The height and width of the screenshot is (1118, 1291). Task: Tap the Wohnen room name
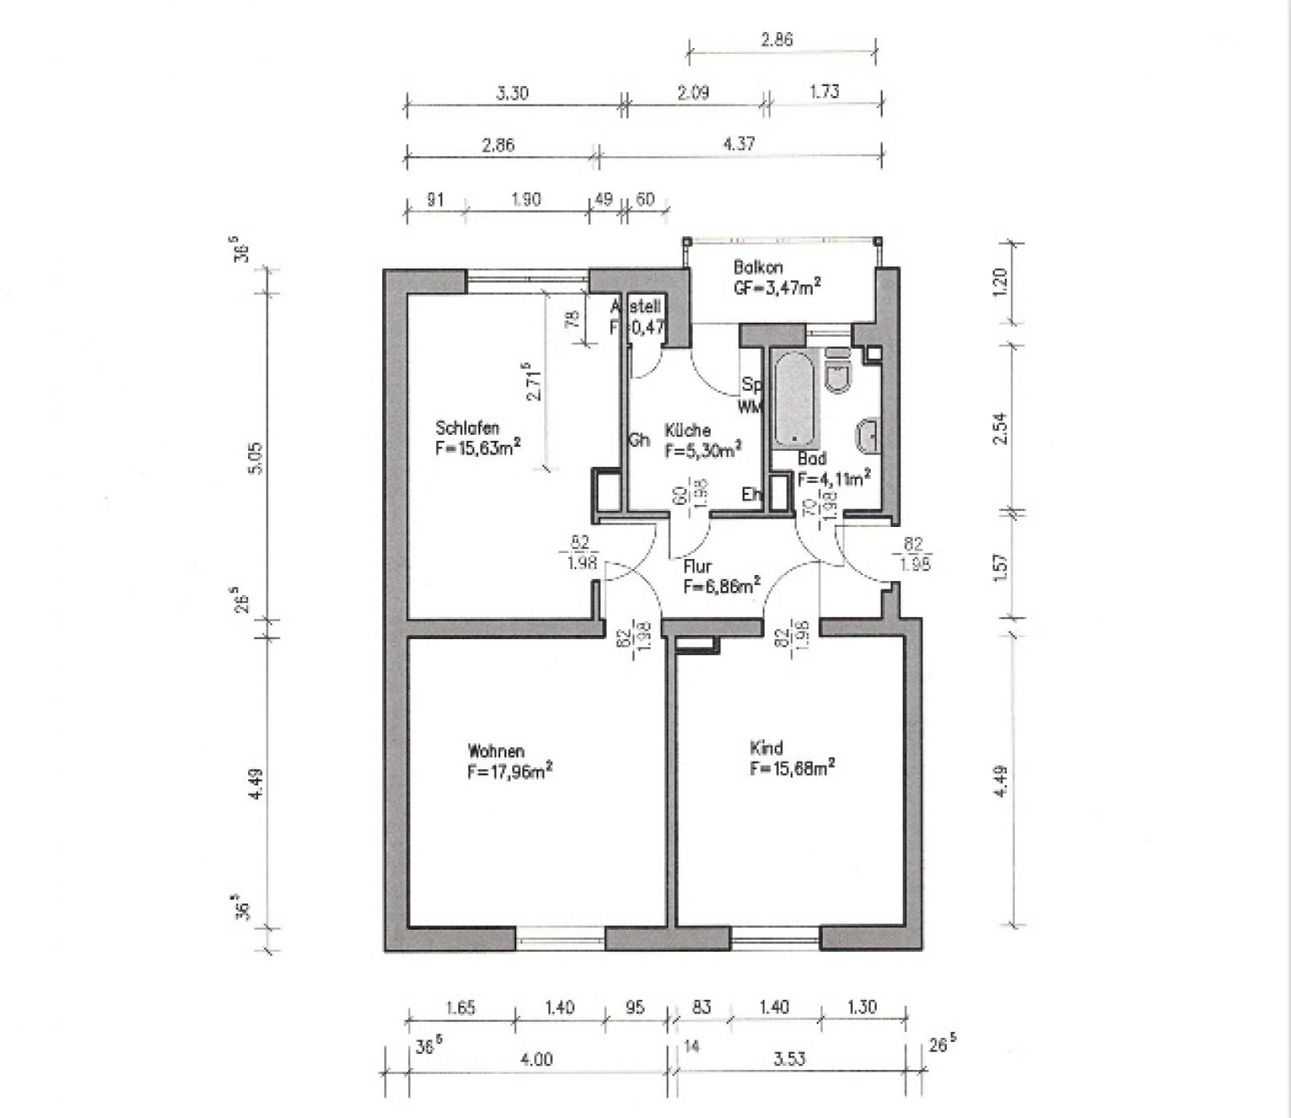pos(496,751)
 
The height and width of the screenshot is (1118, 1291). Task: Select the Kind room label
pos(766,747)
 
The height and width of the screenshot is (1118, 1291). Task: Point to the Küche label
pos(687,430)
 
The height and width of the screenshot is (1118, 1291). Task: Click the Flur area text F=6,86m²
pos(721,585)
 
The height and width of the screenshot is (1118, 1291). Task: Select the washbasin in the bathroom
pos(868,437)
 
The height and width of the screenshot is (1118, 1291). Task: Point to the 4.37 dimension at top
pos(739,144)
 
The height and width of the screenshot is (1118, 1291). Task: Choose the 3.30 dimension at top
pos(512,93)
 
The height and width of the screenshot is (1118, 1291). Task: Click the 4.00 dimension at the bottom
pos(536,1059)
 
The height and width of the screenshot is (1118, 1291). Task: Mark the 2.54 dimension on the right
pos(1002,427)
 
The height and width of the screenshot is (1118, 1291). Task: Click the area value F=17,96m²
pos(510,771)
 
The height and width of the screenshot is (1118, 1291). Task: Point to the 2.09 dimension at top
pos(693,93)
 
